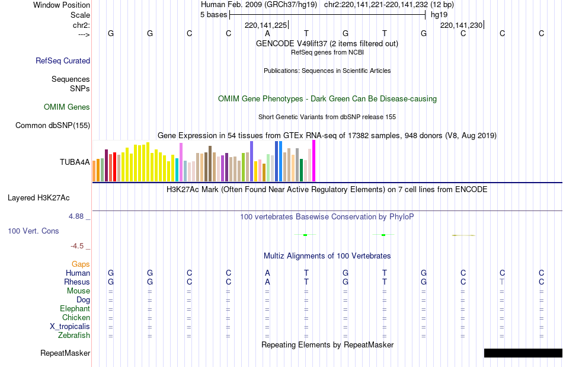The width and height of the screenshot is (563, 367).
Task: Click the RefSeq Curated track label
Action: coord(63,60)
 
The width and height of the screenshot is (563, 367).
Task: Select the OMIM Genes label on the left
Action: coord(67,107)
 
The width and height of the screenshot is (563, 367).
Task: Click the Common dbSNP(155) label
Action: coord(53,125)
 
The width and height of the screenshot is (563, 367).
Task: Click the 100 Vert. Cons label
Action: coord(34,231)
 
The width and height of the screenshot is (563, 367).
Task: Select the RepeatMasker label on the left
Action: coord(65,353)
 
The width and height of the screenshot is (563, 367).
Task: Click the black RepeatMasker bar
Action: coord(523,353)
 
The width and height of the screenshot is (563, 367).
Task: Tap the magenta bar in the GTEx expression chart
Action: coord(314,161)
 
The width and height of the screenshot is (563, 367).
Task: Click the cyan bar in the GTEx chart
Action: coord(177,170)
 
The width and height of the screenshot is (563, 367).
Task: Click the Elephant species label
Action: coord(75,309)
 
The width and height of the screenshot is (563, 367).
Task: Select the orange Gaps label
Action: coord(81,264)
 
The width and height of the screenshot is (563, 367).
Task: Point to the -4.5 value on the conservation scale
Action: coord(78,246)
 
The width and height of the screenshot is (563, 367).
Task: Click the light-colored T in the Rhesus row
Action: coord(502,282)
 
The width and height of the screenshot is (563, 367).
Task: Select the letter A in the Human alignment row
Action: coord(267,273)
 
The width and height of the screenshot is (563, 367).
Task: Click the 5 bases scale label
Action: coord(213,15)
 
